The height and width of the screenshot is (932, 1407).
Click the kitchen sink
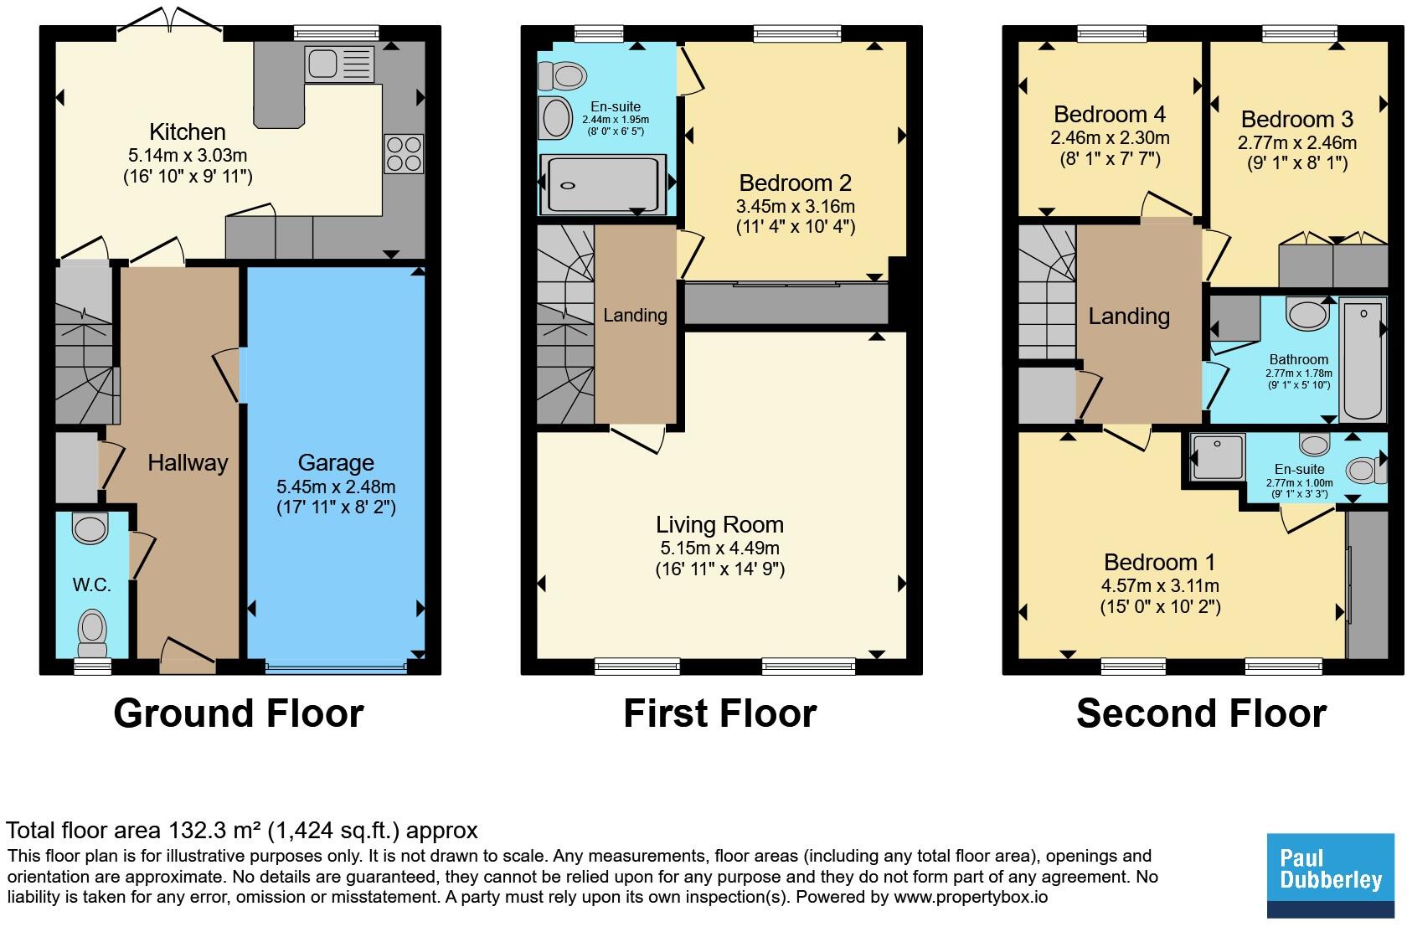[x=339, y=64]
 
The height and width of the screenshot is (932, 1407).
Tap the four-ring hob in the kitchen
[x=404, y=154]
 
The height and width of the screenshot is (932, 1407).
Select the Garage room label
[x=336, y=463]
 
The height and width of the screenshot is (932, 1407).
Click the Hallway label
[x=188, y=463]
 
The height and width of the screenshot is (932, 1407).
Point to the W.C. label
[x=92, y=585]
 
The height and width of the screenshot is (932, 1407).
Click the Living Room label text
[x=720, y=524]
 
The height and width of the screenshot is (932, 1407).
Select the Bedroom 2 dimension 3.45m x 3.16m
[x=796, y=206]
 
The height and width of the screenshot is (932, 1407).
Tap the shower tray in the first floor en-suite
[x=604, y=184]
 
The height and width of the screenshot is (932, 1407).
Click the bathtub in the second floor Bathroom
[x=1363, y=359]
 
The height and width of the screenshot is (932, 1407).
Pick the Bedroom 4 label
[x=1110, y=114]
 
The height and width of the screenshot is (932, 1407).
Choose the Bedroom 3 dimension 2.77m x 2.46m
[x=1297, y=142]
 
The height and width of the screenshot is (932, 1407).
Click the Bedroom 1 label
[x=1159, y=562]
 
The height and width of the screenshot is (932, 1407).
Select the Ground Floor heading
[x=239, y=713]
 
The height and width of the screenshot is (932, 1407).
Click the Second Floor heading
[x=1202, y=713]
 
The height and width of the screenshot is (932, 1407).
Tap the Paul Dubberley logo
[x=1330, y=876]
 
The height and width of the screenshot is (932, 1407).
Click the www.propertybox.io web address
[x=971, y=897]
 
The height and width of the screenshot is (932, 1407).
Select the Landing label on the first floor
[x=635, y=315]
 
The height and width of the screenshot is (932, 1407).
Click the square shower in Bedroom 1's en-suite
[x=1218, y=456]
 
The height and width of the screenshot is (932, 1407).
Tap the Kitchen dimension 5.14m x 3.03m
[x=188, y=155]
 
